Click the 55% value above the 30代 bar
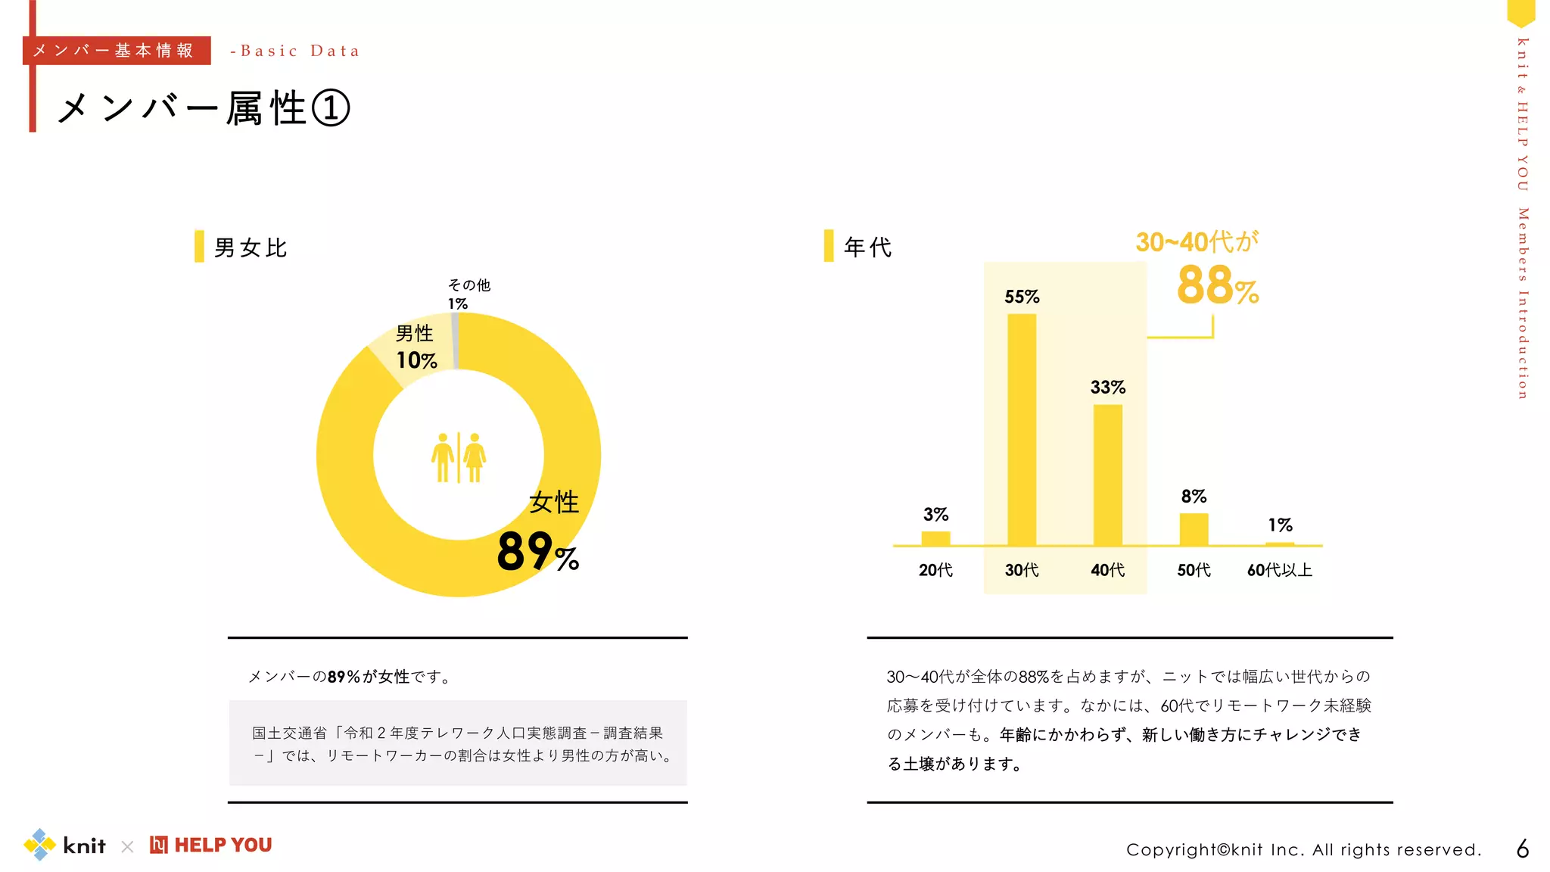(1022, 297)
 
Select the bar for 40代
(1107, 475)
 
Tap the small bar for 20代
(935, 538)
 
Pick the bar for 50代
(1194, 529)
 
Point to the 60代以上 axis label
(1279, 570)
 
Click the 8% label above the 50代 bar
(1194, 497)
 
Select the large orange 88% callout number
(1217, 286)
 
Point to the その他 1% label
(468, 294)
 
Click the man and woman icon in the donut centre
(459, 457)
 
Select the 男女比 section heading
(251, 248)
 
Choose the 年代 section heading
(867, 247)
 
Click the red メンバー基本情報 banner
(117, 51)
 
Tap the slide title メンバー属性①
(203, 108)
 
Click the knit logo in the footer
(65, 845)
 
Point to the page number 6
(1523, 849)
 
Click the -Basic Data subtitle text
(295, 51)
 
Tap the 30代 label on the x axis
(1022, 570)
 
